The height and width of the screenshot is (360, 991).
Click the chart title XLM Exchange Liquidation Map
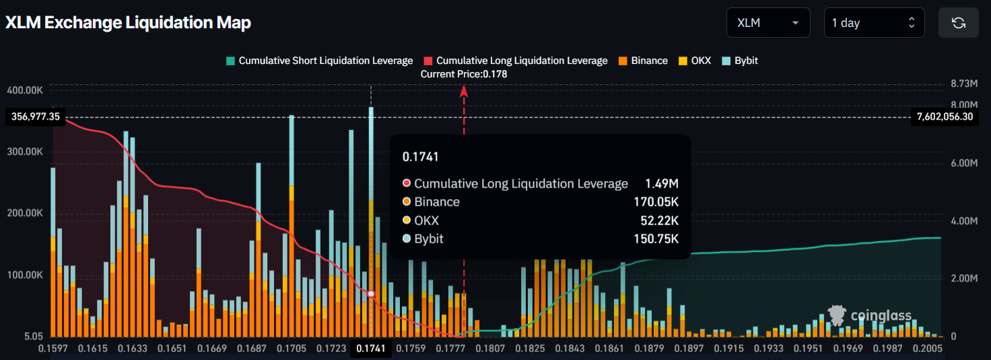coord(128,23)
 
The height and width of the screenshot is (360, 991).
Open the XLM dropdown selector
coord(767,23)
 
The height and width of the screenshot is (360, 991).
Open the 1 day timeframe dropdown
coord(874,23)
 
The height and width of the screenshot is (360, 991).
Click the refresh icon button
coord(958,23)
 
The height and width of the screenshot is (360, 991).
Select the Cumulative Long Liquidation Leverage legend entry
coord(516,61)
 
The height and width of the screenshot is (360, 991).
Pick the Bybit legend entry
coord(740,61)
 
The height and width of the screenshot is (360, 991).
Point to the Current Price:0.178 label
coord(464,74)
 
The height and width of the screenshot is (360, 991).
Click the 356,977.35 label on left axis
coord(36,117)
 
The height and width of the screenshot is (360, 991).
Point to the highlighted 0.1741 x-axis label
coord(370,349)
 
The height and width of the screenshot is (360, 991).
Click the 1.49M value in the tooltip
coord(662,184)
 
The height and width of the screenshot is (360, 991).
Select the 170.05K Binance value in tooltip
coord(656,202)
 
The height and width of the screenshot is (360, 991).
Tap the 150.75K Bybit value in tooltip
coord(656,239)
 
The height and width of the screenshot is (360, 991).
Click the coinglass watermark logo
coord(870,315)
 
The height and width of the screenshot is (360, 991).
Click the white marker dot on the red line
coord(371,294)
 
